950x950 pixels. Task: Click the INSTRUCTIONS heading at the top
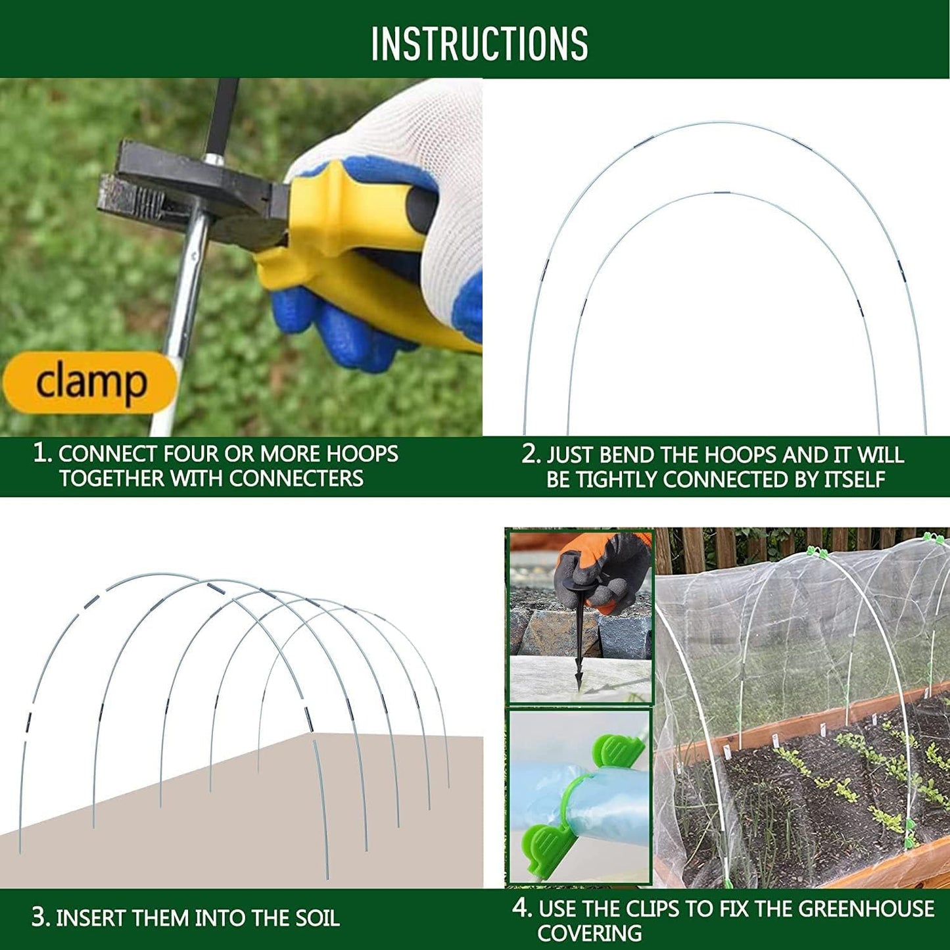click(x=479, y=43)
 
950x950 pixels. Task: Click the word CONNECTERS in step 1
click(x=297, y=479)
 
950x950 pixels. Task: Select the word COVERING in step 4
click(x=590, y=933)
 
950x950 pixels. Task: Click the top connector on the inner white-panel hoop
click(x=723, y=192)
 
